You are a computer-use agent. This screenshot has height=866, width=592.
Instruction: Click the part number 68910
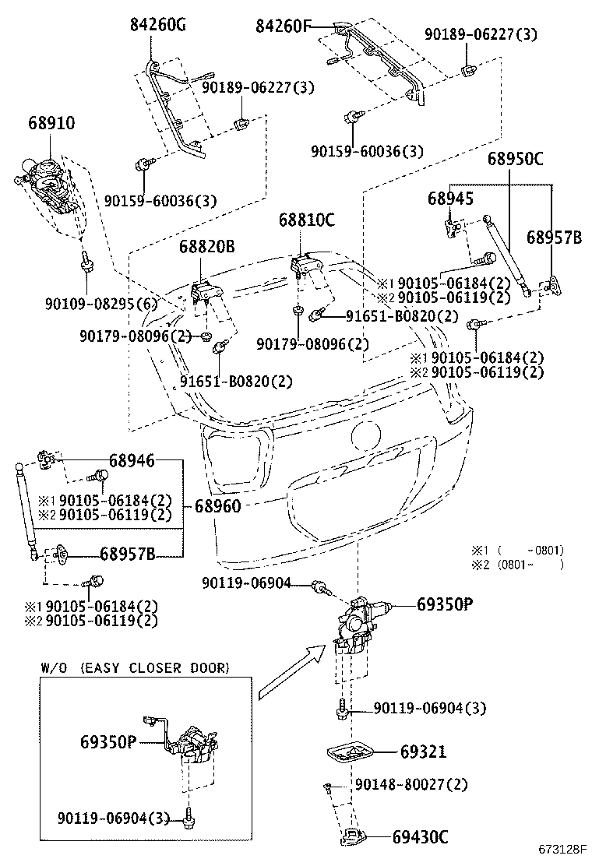[51, 123]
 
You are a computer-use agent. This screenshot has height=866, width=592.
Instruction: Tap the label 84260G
[158, 26]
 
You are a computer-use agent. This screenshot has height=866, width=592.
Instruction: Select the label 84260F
[284, 26]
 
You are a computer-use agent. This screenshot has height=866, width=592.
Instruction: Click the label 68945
[450, 199]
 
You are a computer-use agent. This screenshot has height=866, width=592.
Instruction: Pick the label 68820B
[206, 247]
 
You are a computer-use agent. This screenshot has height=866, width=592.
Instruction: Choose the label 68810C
[306, 220]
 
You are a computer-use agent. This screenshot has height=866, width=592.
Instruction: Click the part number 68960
[217, 506]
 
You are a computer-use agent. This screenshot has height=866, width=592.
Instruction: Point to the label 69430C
[421, 837]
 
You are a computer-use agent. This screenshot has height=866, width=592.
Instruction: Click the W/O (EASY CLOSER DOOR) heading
[134, 667]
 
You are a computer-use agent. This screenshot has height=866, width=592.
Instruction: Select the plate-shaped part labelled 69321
[351, 752]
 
